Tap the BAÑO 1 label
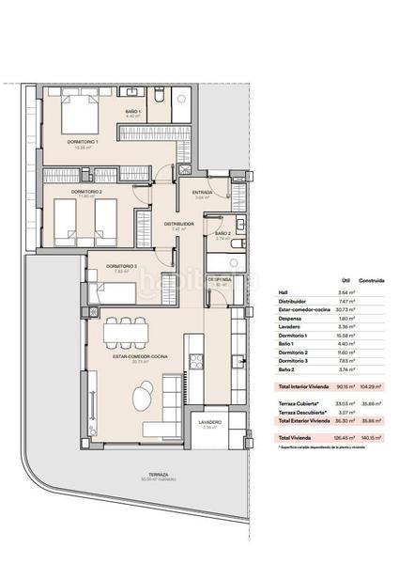point(133,112)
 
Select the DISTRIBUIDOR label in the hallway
point(178,224)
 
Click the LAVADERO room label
point(209,423)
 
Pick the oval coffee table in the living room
point(141,399)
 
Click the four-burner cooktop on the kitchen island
point(197,360)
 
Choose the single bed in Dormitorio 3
point(116,292)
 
